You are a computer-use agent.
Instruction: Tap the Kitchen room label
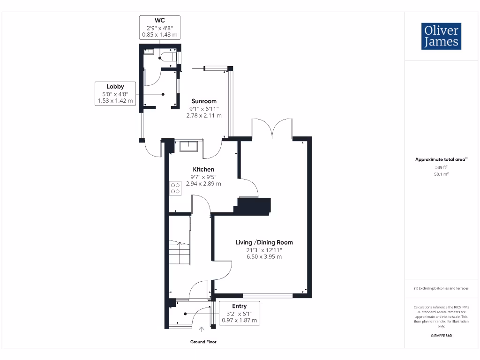pyautogui.click(x=203, y=169)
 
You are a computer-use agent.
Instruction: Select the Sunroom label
pyautogui.click(x=204, y=101)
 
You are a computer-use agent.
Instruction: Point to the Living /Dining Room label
pyautogui.click(x=264, y=242)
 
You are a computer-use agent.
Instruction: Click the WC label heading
pyautogui.click(x=160, y=20)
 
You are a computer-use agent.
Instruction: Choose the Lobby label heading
pyautogui.click(x=115, y=86)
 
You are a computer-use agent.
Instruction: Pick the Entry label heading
pyautogui.click(x=239, y=306)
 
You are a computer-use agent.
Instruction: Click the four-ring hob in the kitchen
pyautogui.click(x=175, y=188)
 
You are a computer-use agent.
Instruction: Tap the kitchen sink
pyautogui.click(x=189, y=146)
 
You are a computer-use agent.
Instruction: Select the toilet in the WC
pyautogui.click(x=168, y=57)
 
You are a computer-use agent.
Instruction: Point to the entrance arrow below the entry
pyautogui.click(x=202, y=330)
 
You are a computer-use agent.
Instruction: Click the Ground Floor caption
pyautogui.click(x=203, y=342)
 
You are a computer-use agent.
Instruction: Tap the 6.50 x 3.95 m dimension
pyautogui.click(x=264, y=257)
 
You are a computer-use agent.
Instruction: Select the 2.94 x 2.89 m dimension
pyautogui.click(x=203, y=184)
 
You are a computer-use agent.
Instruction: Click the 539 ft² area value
pyautogui.click(x=441, y=167)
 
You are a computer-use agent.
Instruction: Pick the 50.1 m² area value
pyautogui.click(x=441, y=174)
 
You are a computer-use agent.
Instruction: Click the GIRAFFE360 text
pyautogui.click(x=441, y=336)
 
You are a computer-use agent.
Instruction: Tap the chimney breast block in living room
pyautogui.click(x=254, y=205)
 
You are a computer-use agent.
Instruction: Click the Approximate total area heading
pyautogui.click(x=441, y=160)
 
